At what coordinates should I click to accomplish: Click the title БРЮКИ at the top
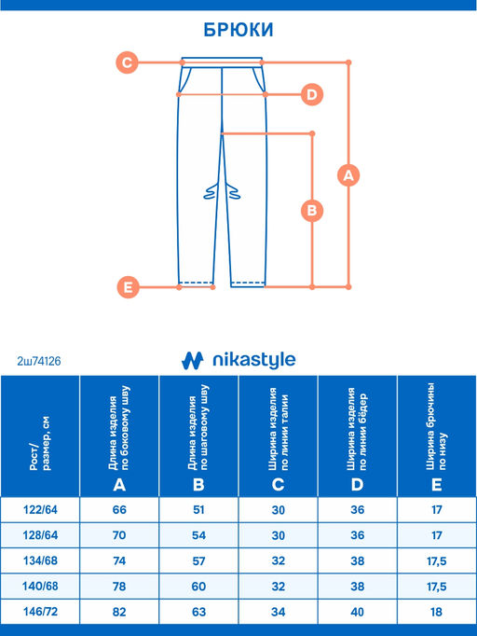coord(238,30)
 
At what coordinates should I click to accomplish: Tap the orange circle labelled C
coord(127,62)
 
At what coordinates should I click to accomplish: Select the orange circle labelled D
coord(312,94)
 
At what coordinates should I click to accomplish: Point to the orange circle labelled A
coord(348,175)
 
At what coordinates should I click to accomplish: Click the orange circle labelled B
coord(312,211)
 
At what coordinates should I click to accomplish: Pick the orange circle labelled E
coord(128,287)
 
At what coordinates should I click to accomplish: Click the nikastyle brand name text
coord(254,360)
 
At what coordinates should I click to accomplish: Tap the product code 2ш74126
coord(39,361)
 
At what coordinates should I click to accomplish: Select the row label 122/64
coord(40,509)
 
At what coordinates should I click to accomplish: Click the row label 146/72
coord(40,611)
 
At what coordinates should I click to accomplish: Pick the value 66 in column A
coord(119,509)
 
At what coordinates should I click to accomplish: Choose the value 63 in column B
coord(198,611)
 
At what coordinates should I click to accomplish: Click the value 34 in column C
coord(278,611)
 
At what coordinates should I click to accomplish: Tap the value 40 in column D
coord(357,611)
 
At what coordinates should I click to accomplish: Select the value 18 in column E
coord(436,611)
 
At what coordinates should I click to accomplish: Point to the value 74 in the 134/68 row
coord(119,560)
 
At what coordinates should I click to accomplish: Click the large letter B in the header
coord(198,484)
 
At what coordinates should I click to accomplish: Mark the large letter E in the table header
coord(436,484)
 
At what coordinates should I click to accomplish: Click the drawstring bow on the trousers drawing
coord(222,191)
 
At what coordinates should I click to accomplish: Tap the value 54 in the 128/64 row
coord(198,535)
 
